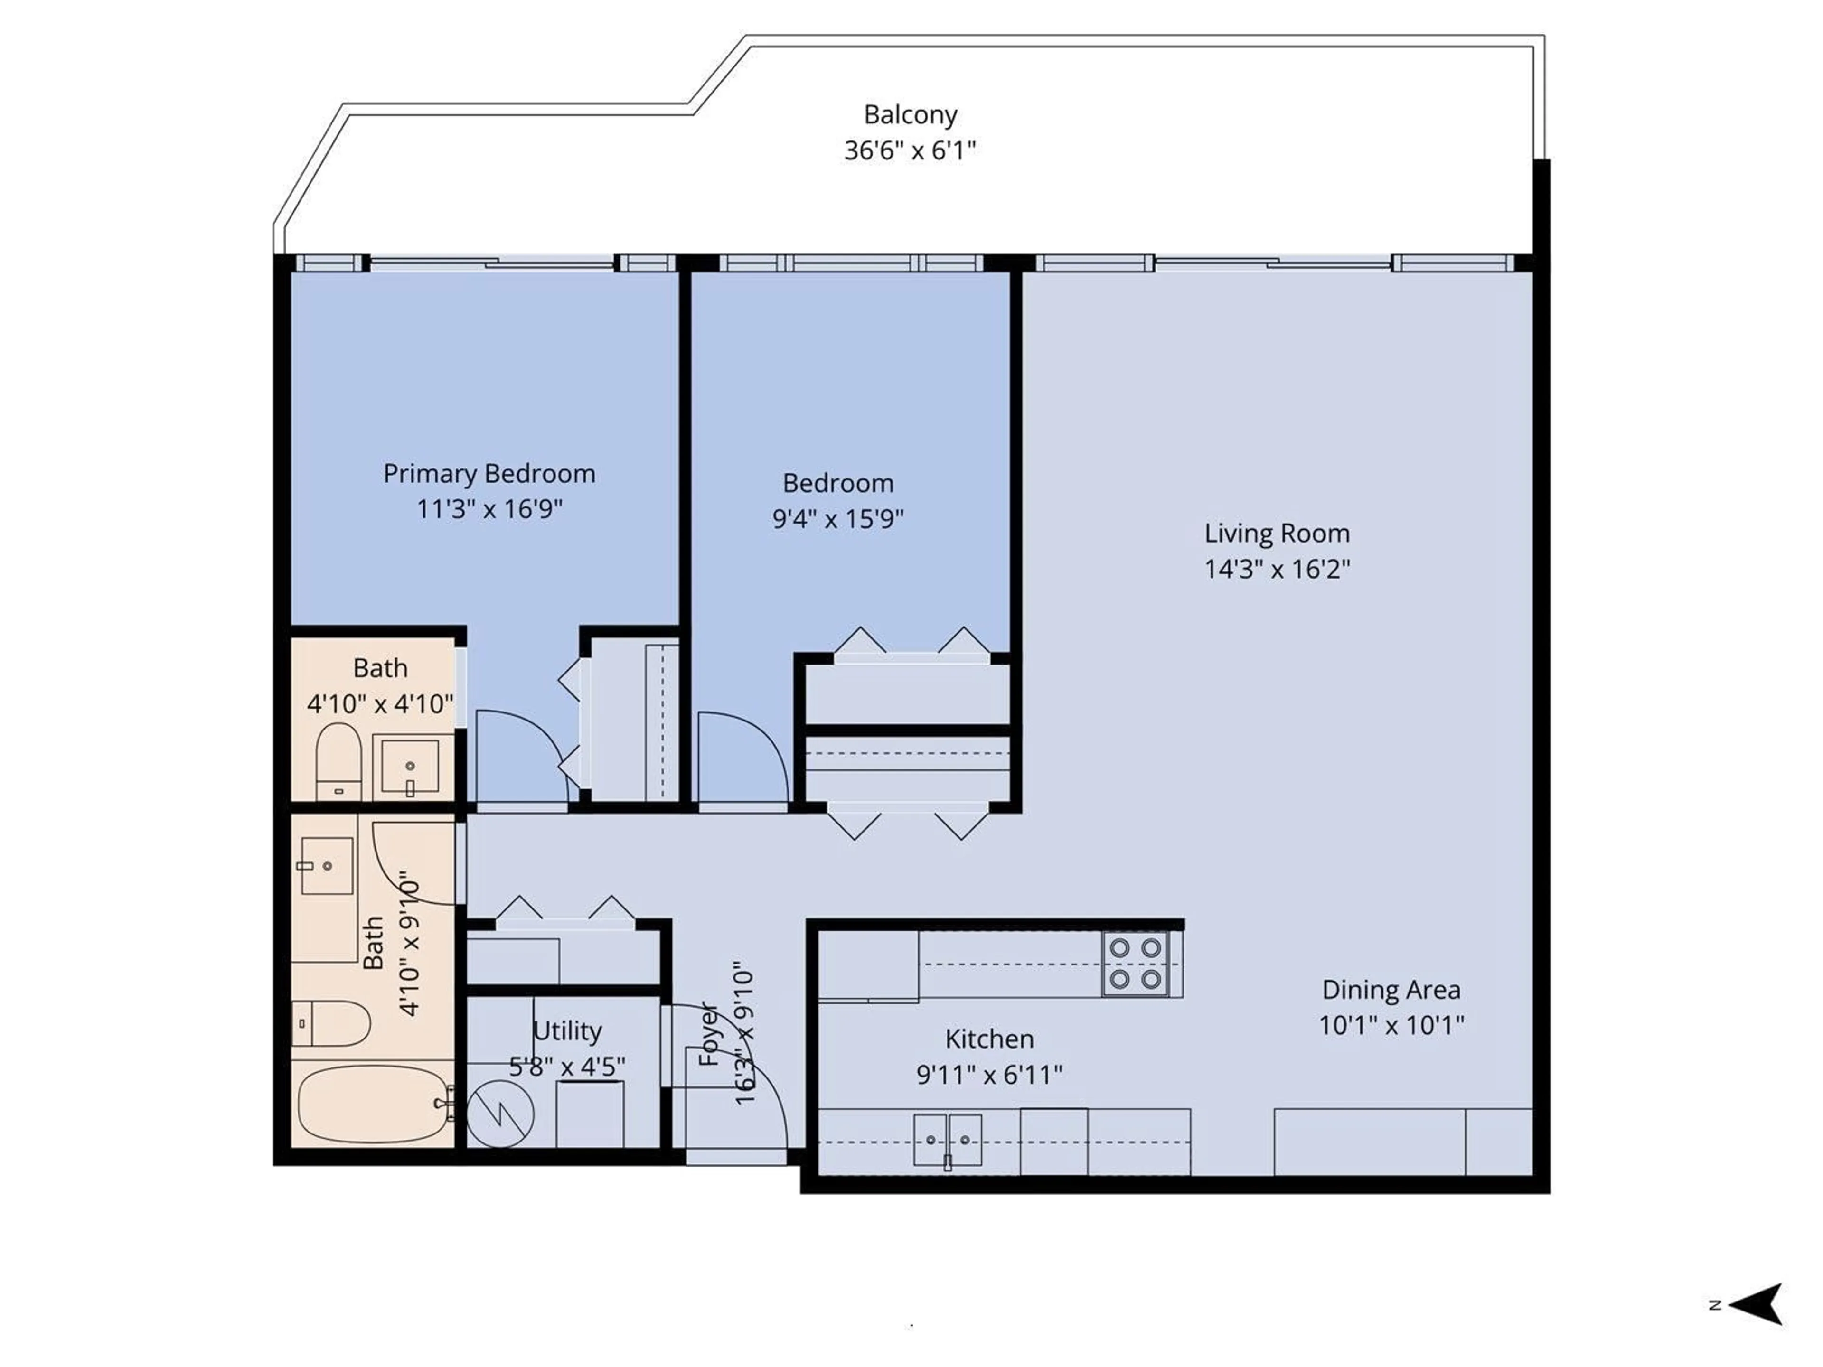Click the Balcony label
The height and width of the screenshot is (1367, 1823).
click(x=910, y=114)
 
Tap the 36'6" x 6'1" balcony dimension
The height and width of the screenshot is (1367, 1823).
click(x=910, y=151)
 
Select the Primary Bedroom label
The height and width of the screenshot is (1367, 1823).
click(x=489, y=474)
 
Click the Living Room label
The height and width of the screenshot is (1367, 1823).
click(x=1277, y=534)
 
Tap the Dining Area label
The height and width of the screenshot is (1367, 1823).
click(x=1391, y=990)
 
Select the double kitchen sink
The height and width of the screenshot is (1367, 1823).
click(x=947, y=1141)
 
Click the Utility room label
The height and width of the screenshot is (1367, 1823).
click(x=567, y=1031)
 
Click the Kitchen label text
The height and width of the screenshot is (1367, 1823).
click(x=989, y=1039)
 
